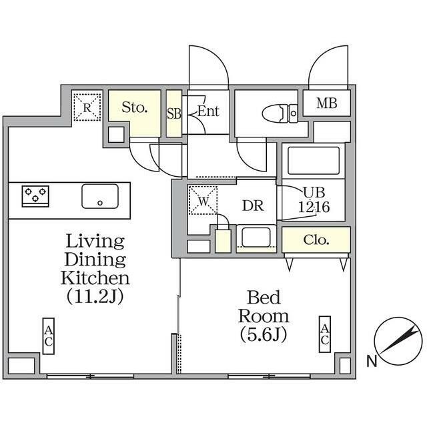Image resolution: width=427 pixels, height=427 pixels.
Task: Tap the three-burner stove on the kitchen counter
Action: tap(35, 196)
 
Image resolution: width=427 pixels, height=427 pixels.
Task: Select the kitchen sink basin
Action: tap(100, 196)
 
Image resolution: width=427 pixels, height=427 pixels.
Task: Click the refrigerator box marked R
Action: tap(87, 107)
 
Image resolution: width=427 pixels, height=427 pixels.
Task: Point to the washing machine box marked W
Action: tap(203, 200)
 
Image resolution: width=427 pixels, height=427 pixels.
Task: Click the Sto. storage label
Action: tap(135, 107)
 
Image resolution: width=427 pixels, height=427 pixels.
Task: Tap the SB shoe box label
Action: tap(174, 114)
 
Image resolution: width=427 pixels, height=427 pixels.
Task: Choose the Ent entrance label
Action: tap(208, 111)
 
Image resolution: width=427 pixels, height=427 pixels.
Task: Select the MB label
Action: tap(326, 103)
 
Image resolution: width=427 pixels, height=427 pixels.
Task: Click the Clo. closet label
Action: tap(316, 240)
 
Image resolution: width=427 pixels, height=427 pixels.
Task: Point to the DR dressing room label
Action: tap(253, 206)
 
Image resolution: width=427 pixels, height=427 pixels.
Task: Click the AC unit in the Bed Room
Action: tap(325, 334)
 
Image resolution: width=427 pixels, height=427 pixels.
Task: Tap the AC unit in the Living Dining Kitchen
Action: tap(49, 336)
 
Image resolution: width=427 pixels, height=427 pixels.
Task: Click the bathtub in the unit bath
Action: tap(314, 161)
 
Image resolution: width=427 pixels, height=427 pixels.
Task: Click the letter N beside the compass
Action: tap(372, 361)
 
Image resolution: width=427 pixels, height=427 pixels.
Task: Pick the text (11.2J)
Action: tap(95, 296)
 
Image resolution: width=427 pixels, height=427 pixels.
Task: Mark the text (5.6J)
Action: tap(264, 334)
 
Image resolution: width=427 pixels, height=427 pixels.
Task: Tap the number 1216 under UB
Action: tap(314, 207)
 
